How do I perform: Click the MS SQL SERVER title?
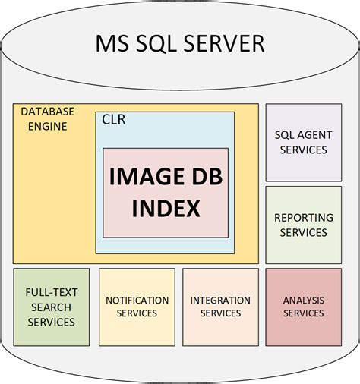point(180,43)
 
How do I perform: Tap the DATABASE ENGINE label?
point(48,118)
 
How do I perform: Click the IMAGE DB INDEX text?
point(165,191)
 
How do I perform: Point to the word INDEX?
point(165,207)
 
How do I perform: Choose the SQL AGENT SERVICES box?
point(303,141)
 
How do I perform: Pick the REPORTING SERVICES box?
point(303,225)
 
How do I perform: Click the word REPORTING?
point(303,218)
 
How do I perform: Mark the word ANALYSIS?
point(303,300)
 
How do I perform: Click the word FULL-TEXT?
point(51,292)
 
